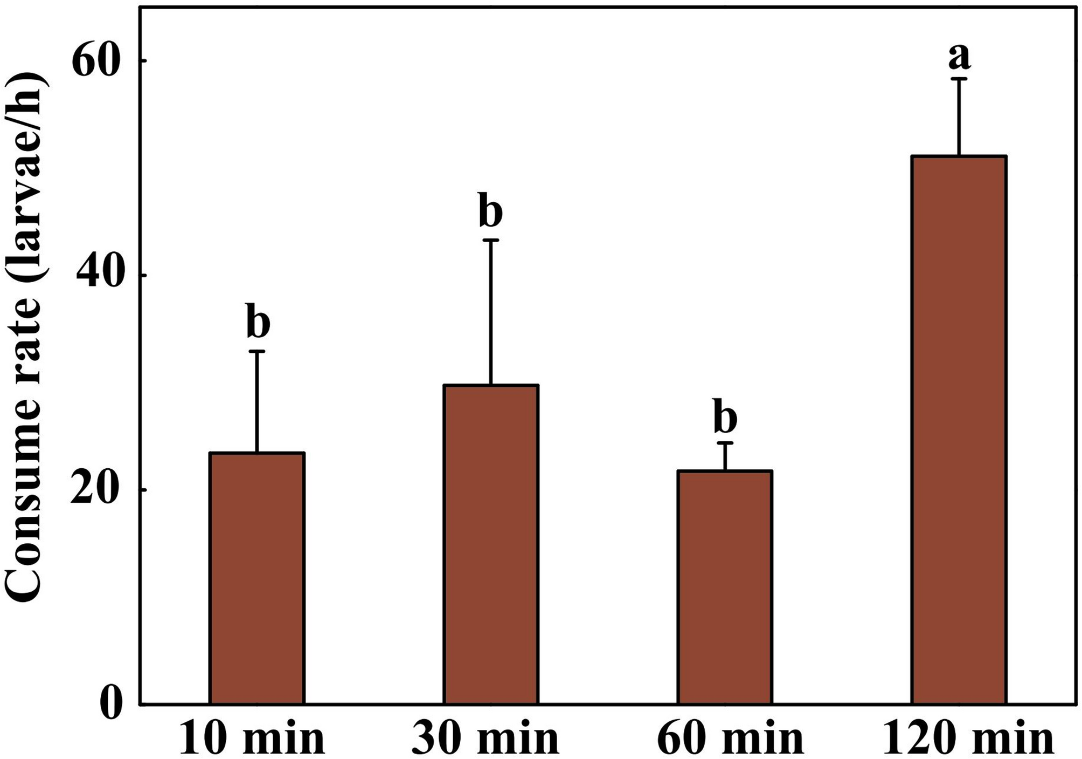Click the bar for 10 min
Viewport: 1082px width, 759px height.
click(257, 578)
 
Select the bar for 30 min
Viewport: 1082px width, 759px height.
click(491, 544)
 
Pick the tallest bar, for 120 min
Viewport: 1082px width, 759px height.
click(959, 430)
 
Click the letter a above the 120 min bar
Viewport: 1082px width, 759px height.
click(959, 57)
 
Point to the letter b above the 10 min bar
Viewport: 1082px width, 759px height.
click(258, 321)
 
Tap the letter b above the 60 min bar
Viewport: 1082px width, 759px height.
click(725, 416)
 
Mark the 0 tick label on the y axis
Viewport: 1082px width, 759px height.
click(111, 705)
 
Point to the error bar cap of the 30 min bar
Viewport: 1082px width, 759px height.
click(491, 240)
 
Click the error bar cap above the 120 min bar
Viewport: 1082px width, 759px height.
click(959, 79)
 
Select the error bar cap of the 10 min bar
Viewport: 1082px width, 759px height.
click(257, 351)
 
